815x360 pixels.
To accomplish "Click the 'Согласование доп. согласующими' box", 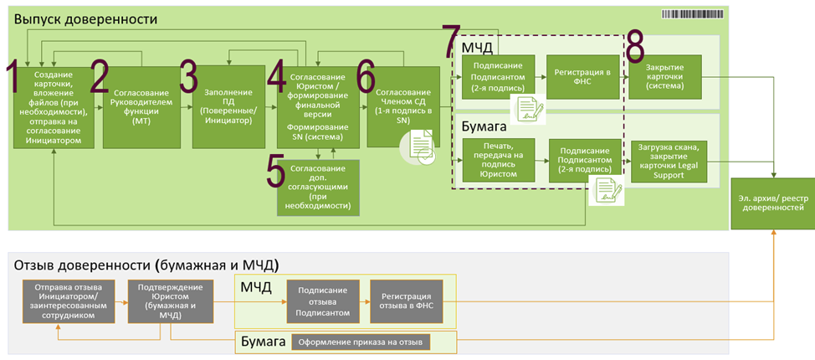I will click(x=318, y=185).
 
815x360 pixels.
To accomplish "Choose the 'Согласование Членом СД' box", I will click(x=403, y=105).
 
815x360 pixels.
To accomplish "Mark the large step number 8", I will click(x=635, y=47).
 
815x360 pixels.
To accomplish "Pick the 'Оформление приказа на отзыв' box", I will click(x=361, y=342).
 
